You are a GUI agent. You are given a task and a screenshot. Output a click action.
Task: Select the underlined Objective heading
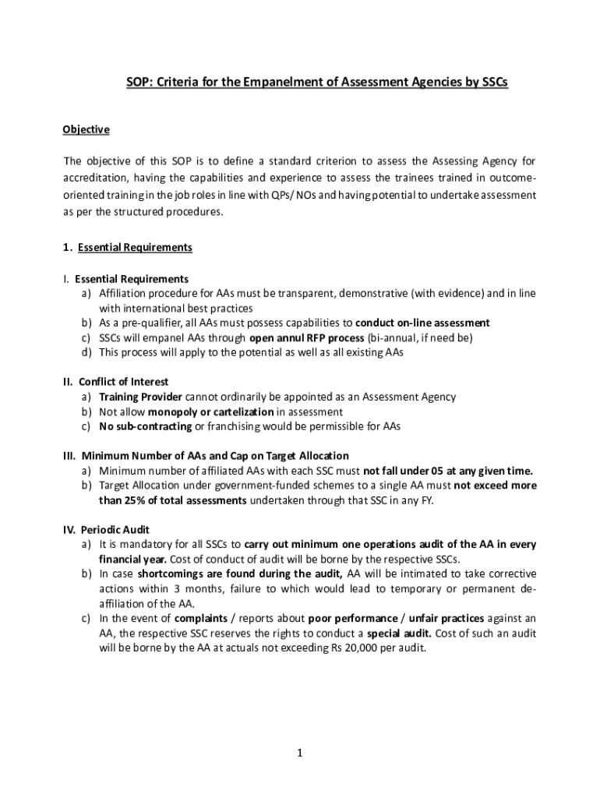[86, 129]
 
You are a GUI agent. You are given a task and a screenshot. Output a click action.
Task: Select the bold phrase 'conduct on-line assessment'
[422, 323]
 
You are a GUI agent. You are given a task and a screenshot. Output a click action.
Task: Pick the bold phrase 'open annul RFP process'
[306, 337]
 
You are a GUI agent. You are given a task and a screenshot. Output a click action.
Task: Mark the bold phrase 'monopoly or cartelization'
[211, 411]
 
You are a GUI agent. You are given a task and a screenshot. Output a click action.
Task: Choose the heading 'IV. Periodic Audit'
[107, 530]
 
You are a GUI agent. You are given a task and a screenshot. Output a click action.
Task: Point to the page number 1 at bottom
[299, 753]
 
